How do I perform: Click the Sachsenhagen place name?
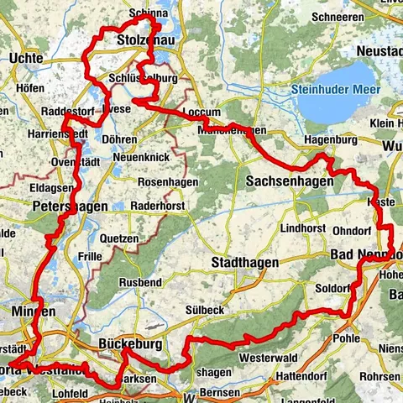pyautogui.click(x=290, y=181)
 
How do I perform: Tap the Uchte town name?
pyautogui.click(x=29, y=57)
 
